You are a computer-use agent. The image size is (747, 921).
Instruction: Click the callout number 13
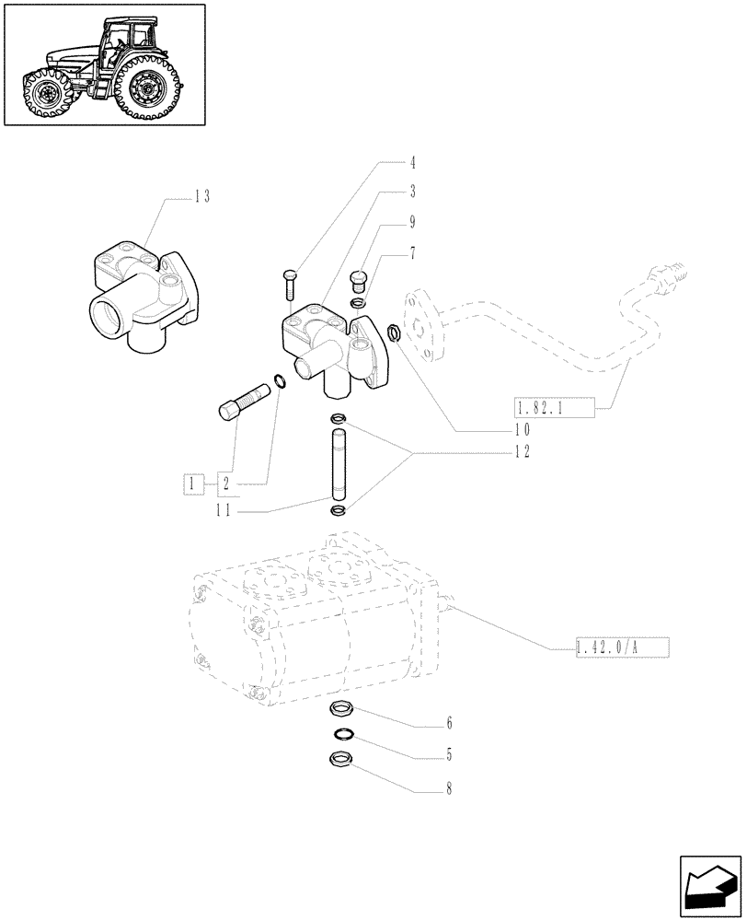(x=201, y=195)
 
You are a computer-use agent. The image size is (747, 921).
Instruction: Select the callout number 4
(x=413, y=163)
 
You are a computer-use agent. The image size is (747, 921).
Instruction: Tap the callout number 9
(x=413, y=222)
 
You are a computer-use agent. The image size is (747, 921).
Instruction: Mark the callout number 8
(x=449, y=788)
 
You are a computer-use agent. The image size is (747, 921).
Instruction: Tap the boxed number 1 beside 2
(x=192, y=483)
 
